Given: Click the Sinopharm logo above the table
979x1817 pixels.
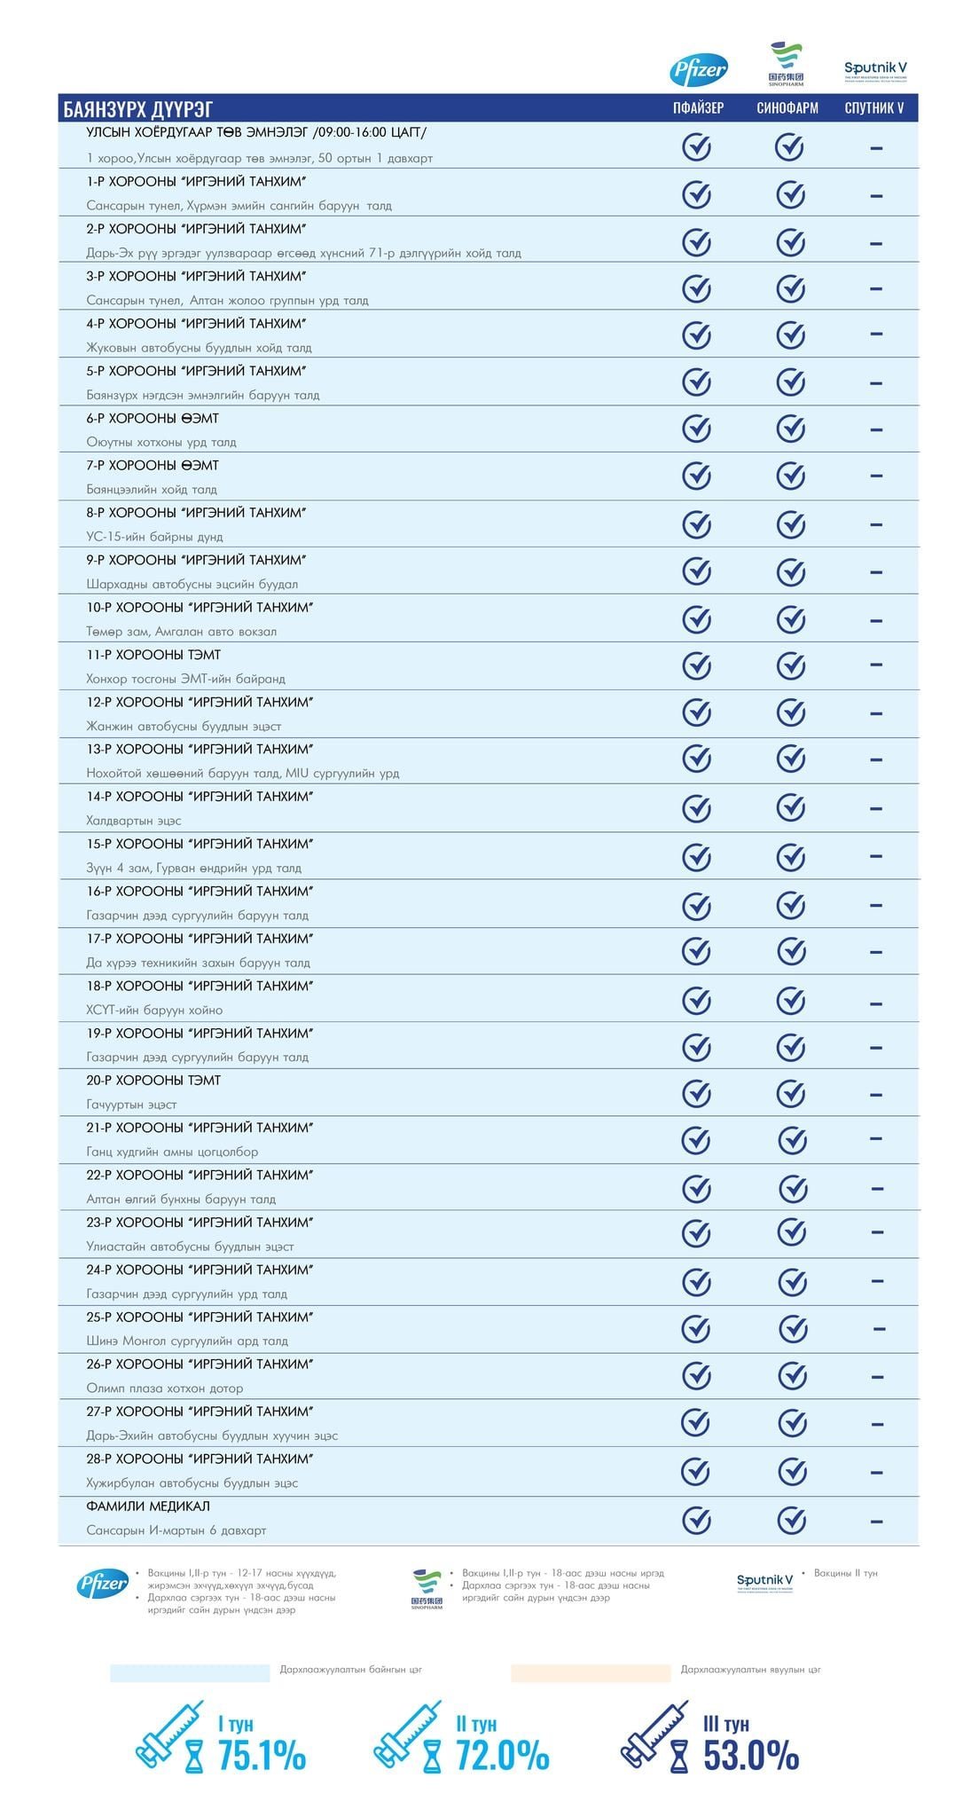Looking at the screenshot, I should tap(786, 64).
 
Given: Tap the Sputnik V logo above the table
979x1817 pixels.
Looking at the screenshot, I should tap(875, 70).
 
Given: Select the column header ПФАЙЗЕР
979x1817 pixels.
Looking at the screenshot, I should tap(698, 108).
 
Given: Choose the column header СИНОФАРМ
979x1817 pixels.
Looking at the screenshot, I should tap(787, 108).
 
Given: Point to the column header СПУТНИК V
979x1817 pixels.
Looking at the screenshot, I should tap(874, 108).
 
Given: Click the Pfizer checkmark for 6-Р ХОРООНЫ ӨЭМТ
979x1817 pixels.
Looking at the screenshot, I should tap(697, 429).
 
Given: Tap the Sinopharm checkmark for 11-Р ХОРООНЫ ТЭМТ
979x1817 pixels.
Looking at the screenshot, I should tap(790, 665).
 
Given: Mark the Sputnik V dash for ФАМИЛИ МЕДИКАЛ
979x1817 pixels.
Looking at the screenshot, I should tap(876, 1521).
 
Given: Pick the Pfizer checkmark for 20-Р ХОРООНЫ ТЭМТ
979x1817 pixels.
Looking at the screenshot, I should tap(697, 1092).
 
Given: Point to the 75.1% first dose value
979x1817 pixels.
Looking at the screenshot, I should tap(262, 1756).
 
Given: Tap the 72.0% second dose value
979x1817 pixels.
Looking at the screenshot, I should tap(502, 1756).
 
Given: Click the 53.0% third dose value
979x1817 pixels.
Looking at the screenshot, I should tap(751, 1756).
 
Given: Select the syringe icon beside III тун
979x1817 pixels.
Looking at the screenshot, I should tap(654, 1734).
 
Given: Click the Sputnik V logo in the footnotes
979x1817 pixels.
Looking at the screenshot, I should tap(764, 1581).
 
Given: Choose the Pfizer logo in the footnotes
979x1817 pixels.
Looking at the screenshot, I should tap(104, 1583).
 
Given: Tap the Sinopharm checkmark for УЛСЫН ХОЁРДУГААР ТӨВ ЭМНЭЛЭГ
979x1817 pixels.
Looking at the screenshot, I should tap(789, 146).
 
